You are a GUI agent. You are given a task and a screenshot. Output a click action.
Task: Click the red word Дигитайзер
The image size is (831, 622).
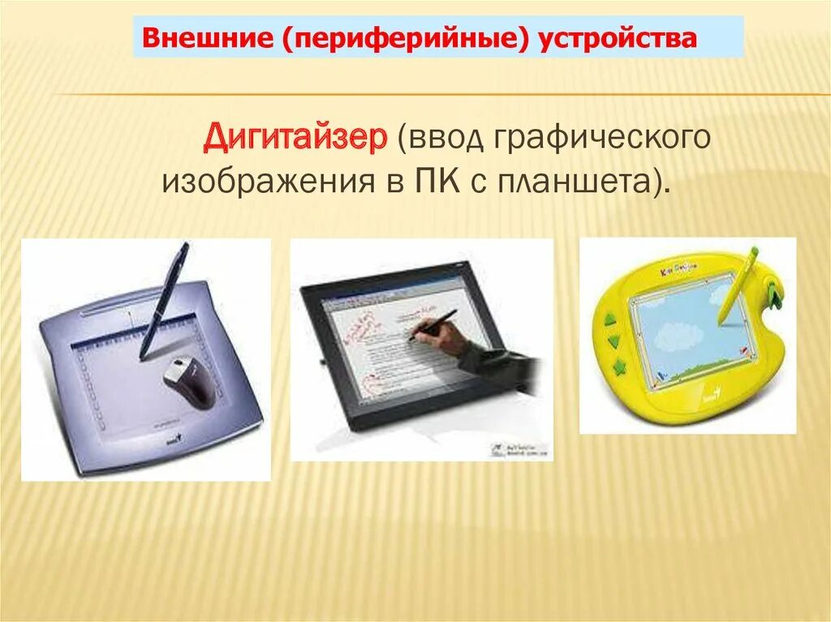pyautogui.click(x=295, y=139)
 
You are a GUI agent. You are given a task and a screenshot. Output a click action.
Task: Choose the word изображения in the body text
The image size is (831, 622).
pyautogui.click(x=267, y=180)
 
